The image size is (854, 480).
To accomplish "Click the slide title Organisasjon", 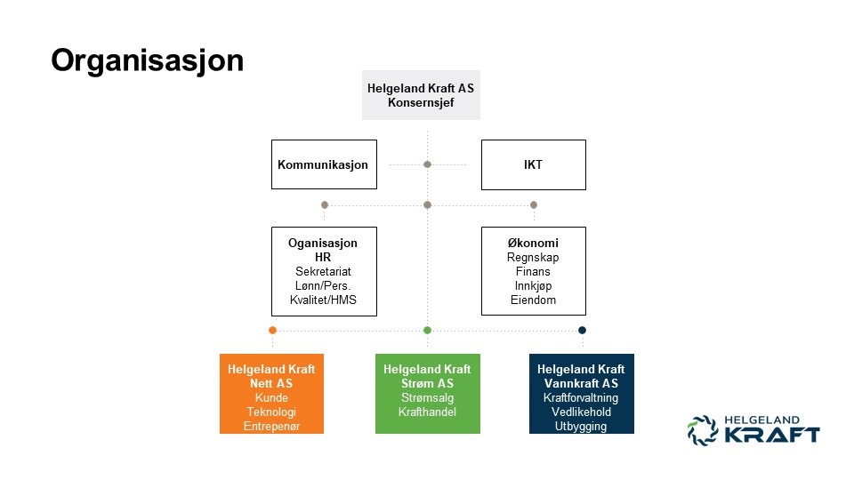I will pos(147,60).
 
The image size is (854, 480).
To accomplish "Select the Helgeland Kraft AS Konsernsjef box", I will pos(421,95).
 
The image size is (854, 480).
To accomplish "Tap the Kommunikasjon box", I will pos(323,165).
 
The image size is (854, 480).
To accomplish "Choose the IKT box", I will pos(534,165).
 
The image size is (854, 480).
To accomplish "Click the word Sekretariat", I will pos(324,271).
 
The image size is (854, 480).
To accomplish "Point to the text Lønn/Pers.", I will pos(324,285).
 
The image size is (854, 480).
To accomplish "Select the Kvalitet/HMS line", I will pos(324,300).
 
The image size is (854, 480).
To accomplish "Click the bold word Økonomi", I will pos(534,243).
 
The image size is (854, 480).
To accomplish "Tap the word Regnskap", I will pos(534,257).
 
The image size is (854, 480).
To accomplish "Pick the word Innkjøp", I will pos(534,285).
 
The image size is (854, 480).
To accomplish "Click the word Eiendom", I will pos(534,300).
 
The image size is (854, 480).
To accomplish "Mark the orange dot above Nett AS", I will pos(272,330).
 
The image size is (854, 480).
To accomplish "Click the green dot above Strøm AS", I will pos(427,330).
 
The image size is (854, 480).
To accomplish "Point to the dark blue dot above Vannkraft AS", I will pos(582,330).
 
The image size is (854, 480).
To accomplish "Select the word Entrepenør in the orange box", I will pos(271,427).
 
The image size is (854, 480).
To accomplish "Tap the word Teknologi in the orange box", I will pos(271,412).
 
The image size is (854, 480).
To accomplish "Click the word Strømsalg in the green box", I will pos(427,398).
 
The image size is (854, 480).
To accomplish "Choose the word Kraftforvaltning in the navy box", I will pos(581,398).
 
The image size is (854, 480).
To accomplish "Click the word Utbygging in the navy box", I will pos(581,427).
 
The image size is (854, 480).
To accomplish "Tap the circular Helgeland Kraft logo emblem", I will pos(702,430).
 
